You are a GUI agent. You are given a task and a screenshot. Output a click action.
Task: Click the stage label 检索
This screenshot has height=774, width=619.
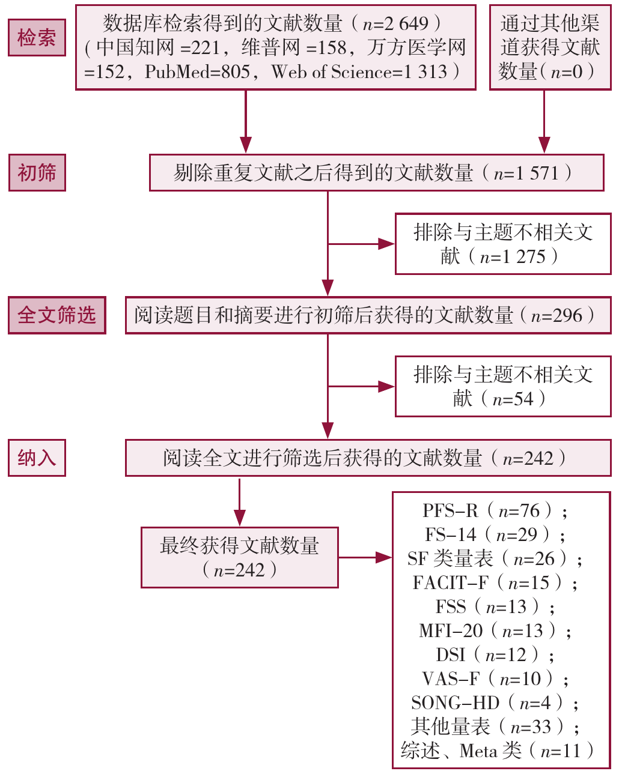37,38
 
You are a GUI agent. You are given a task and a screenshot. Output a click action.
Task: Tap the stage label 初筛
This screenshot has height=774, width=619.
37,173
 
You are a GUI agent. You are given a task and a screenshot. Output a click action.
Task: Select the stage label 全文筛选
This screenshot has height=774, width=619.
56,315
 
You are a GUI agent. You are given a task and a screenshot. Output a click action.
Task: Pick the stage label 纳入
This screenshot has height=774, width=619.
37,458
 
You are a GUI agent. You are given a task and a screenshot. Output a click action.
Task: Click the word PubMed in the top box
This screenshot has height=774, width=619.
198,72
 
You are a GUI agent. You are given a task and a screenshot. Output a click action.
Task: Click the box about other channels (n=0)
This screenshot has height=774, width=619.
549,47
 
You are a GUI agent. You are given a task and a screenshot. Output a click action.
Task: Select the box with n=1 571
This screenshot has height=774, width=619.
376,173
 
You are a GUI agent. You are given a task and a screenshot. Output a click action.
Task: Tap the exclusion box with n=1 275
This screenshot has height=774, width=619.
502,244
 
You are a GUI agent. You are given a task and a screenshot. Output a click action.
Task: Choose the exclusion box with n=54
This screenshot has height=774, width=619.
502,386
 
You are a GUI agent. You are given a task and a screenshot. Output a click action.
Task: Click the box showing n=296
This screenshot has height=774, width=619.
367,315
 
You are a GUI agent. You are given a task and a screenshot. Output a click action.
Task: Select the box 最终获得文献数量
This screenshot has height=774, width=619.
239,557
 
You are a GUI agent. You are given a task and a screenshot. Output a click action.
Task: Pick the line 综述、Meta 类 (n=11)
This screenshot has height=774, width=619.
498,751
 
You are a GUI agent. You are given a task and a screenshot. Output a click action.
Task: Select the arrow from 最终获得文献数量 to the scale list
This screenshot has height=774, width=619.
365,557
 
